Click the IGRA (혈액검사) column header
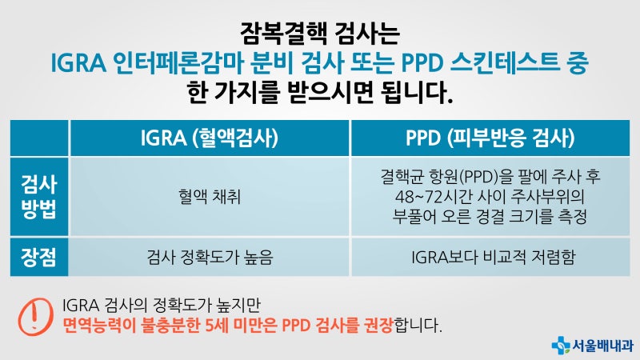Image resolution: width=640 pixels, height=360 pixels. (x=210, y=138)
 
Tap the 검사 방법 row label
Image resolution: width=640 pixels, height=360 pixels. (x=38, y=196)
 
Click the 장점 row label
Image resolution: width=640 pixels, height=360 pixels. (x=38, y=258)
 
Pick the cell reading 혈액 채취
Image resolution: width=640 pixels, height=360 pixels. (x=210, y=196)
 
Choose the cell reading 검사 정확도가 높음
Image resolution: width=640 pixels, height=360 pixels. (x=210, y=258)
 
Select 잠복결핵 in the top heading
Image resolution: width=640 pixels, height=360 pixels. (x=275, y=34)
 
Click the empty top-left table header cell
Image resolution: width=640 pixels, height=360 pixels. (x=38, y=138)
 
